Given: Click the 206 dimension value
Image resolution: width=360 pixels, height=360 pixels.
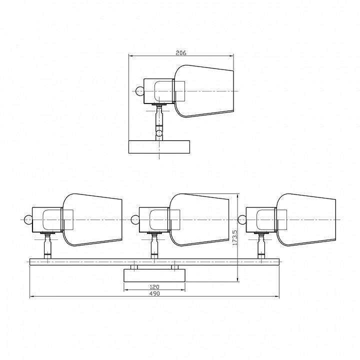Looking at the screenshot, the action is (x=181, y=53).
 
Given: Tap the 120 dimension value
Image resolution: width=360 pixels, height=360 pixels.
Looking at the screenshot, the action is (x=154, y=287).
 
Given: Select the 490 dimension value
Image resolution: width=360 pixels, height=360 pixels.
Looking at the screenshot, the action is (x=154, y=293).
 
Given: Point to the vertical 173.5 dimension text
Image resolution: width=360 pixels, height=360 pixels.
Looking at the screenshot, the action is (x=234, y=237).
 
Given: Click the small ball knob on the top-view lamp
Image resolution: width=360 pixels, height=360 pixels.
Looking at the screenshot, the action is (x=139, y=91).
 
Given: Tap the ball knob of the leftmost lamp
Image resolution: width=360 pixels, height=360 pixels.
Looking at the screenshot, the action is (x=28, y=220).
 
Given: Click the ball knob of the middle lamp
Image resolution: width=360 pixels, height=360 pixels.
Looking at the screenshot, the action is (x=135, y=219).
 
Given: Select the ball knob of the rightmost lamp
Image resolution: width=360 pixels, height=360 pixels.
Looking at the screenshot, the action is (x=242, y=219).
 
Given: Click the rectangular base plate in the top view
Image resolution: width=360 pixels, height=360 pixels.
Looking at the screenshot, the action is (x=159, y=147).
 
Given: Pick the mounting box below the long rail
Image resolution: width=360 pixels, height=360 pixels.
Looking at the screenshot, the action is (x=154, y=275).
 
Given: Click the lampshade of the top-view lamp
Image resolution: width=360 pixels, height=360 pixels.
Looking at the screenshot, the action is (x=204, y=91).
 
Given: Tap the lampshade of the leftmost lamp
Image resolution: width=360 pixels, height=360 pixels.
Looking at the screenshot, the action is (x=92, y=220).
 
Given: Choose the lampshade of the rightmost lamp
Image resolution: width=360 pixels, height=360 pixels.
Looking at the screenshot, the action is (x=306, y=220).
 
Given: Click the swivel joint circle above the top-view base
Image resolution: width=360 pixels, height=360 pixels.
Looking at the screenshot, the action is (x=159, y=133).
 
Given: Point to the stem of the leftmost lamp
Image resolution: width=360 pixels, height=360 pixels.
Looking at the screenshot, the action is (x=47, y=246).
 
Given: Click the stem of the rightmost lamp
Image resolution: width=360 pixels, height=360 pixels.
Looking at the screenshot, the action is (x=261, y=246).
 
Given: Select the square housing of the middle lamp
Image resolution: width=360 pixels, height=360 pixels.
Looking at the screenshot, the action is (x=154, y=220).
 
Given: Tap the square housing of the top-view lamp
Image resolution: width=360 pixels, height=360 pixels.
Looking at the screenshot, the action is (x=159, y=91).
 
